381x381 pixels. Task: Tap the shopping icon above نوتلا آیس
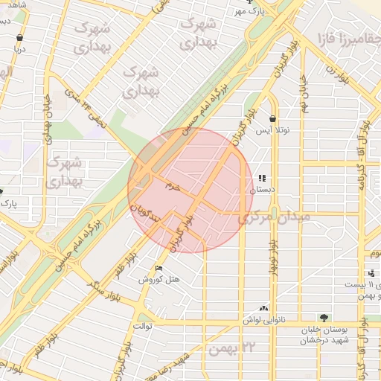[273, 118]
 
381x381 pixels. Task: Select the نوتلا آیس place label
[273, 129]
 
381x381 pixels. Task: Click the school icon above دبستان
[261, 179]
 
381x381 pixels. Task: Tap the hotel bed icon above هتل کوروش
[159, 268]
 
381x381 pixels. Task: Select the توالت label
[142, 326]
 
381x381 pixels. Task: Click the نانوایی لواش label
[263, 319]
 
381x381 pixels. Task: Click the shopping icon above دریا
[19, 37]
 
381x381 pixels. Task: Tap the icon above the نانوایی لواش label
[263, 307]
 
